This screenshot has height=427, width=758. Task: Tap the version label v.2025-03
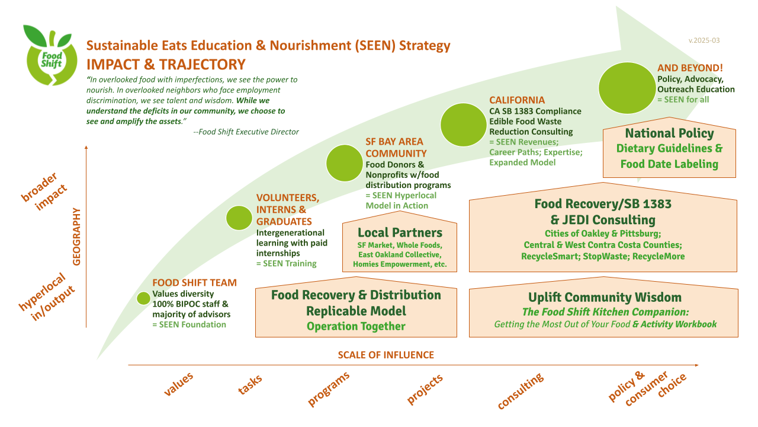pyautogui.click(x=704, y=40)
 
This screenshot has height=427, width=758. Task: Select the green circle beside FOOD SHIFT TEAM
pyautogui.click(x=143, y=298)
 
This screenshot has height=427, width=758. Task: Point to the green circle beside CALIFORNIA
pyautogui.click(x=463, y=125)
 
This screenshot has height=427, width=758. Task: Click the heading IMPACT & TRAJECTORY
pyautogui.click(x=166, y=64)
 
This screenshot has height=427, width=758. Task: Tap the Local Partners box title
pyautogui.click(x=400, y=232)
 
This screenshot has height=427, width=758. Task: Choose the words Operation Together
pyautogui.click(x=356, y=326)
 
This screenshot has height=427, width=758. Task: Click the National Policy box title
pyautogui.click(x=669, y=133)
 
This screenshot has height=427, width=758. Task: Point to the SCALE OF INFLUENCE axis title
pyautogui.click(x=386, y=355)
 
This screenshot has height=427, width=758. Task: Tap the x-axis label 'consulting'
pyautogui.click(x=520, y=391)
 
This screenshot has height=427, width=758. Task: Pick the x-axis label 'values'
pyautogui.click(x=178, y=384)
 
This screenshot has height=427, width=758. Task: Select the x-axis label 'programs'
pyautogui.click(x=328, y=388)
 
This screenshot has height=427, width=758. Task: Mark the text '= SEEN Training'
pyautogui.click(x=286, y=263)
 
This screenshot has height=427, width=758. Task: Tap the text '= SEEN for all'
pyautogui.click(x=683, y=100)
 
